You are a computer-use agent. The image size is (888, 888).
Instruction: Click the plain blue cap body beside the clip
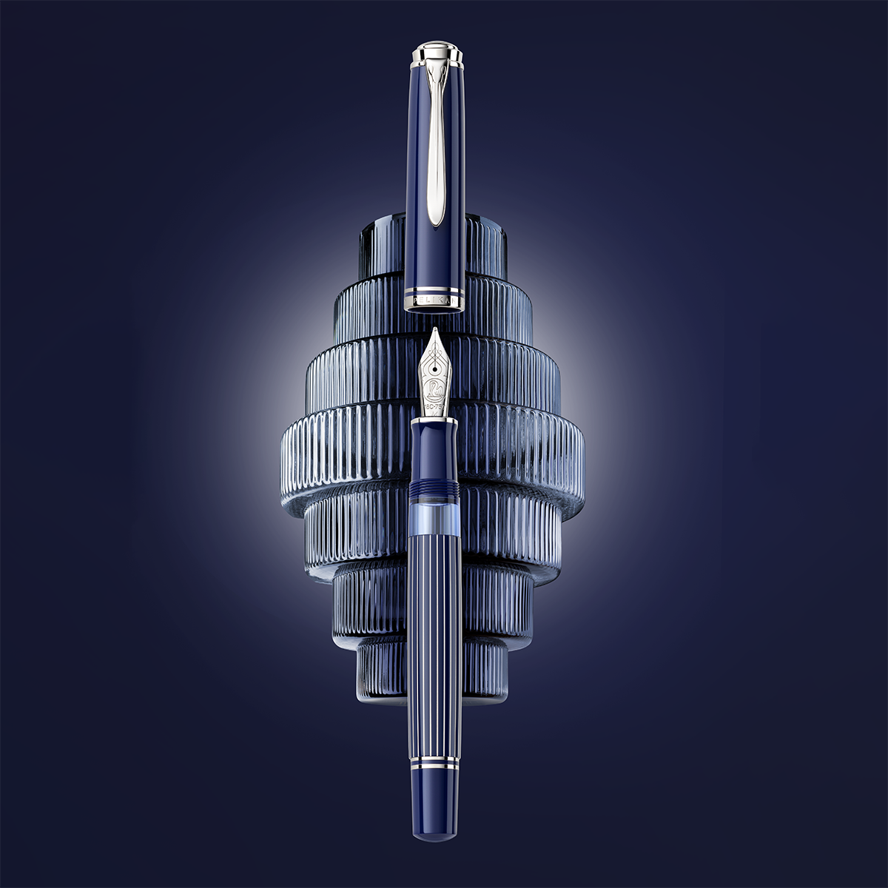(x=419, y=185)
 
